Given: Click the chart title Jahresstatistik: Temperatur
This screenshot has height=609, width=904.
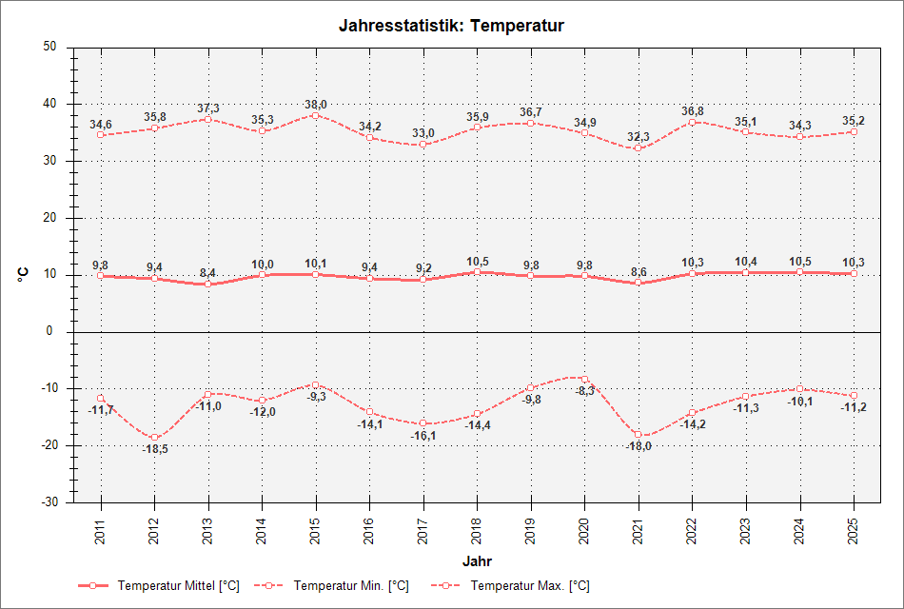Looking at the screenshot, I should (451, 26).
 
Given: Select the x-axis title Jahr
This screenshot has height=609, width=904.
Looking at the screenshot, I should (477, 560).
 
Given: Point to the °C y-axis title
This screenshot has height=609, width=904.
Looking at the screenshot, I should (23, 274).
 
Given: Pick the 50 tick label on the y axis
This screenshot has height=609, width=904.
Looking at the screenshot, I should (50, 47).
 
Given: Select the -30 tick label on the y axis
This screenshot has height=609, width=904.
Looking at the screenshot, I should (47, 501).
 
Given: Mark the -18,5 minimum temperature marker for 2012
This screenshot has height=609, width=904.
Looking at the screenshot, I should (154, 437).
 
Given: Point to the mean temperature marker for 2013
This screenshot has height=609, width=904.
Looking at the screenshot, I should (208, 284).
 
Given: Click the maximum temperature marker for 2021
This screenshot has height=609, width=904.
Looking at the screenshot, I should (639, 147).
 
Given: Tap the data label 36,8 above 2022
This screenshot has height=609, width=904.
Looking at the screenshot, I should (692, 111).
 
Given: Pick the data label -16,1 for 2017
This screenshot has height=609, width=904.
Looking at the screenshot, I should (423, 436).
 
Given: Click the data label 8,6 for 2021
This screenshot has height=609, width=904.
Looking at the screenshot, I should (639, 272).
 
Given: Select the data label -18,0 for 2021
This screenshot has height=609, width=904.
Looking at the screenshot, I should (639, 446).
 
